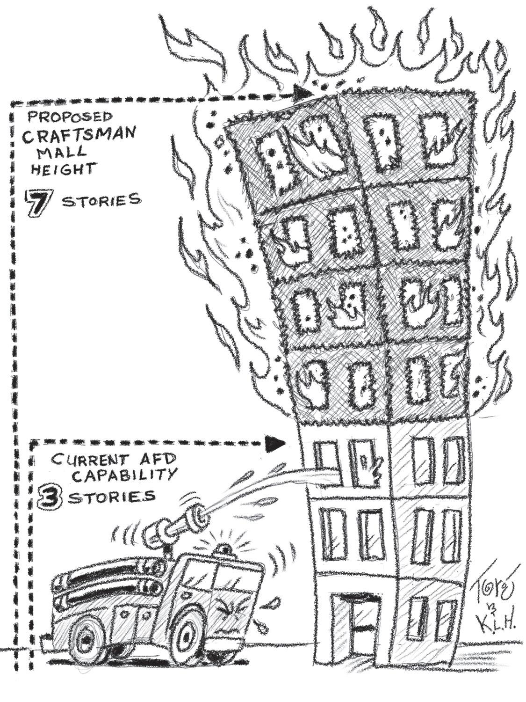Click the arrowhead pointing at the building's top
(x=303, y=92)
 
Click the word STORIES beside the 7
(x=101, y=201)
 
